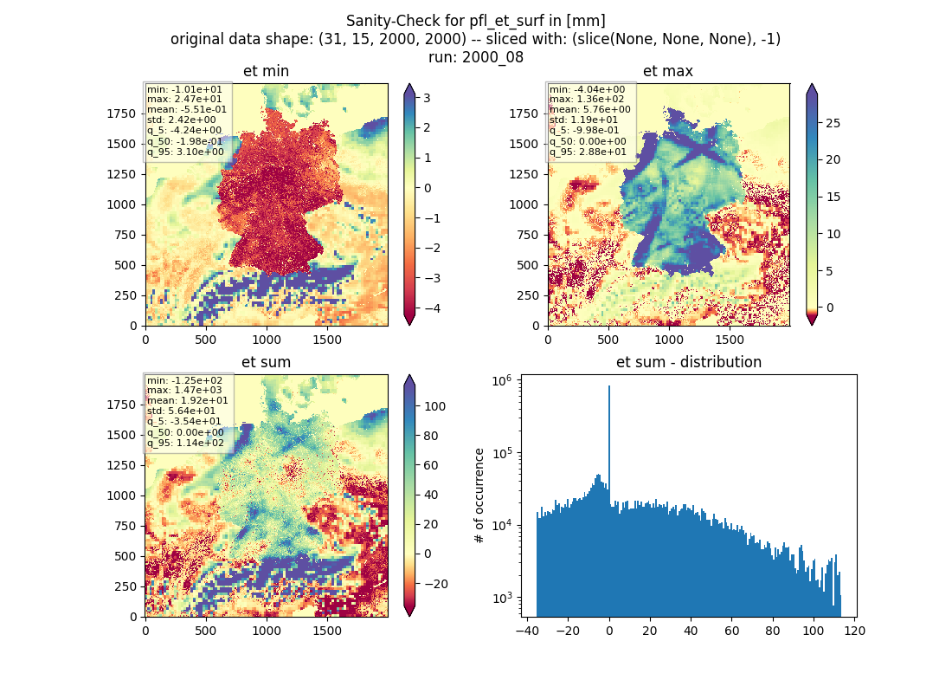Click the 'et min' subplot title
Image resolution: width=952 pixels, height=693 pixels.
(x=266, y=71)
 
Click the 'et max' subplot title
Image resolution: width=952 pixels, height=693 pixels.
(x=668, y=71)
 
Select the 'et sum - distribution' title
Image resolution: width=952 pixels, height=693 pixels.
(x=689, y=362)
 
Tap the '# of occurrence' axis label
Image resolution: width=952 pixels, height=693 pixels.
(x=479, y=496)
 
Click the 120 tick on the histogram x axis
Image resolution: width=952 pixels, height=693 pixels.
(x=854, y=631)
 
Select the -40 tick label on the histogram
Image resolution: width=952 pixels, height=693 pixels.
(x=526, y=631)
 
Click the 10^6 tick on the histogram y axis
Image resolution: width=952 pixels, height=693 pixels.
(x=501, y=381)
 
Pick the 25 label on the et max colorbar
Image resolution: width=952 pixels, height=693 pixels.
(x=833, y=123)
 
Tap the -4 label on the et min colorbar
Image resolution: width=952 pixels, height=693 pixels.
(x=432, y=308)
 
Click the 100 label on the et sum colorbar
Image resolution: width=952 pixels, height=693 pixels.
(x=434, y=406)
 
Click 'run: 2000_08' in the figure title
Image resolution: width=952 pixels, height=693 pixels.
(x=476, y=57)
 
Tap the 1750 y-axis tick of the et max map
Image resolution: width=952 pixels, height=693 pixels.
(x=524, y=113)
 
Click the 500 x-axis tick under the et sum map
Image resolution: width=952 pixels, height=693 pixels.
(x=206, y=631)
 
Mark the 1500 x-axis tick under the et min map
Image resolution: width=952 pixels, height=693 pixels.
(x=327, y=340)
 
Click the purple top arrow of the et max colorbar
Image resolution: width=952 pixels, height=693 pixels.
(x=812, y=90)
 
